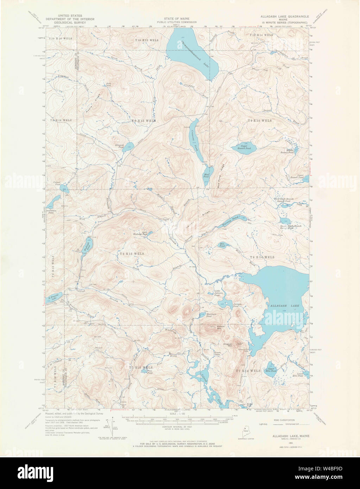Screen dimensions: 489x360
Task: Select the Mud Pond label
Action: click(205, 175)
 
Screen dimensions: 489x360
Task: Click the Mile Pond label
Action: click(222, 246)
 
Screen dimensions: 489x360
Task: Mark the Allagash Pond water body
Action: click(129, 146)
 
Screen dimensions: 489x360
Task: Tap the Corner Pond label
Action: click(57, 183)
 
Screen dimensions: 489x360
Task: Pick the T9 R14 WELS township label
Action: click(260, 121)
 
